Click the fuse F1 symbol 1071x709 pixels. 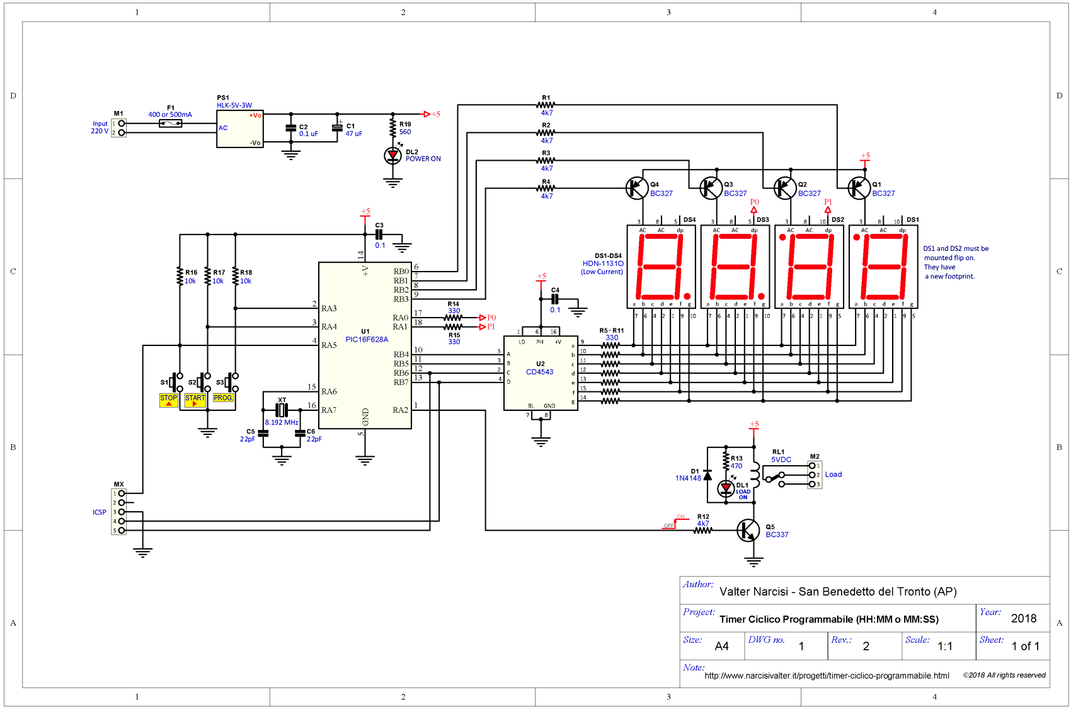click(170, 124)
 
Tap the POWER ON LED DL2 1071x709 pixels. click(392, 155)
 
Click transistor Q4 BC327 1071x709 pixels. click(637, 188)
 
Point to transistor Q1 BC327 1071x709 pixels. click(859, 188)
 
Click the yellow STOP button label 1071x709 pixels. click(168, 399)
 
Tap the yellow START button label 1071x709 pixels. click(195, 399)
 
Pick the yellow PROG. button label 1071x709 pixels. click(223, 398)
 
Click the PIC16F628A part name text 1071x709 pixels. click(367, 340)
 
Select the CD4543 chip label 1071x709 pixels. click(540, 372)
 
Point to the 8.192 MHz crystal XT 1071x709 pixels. click(282, 410)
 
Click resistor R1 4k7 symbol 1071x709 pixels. click(546, 105)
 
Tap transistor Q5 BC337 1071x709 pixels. click(748, 530)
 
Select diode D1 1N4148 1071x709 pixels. click(707, 475)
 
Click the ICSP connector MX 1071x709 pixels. click(119, 512)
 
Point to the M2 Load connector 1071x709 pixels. click(814, 475)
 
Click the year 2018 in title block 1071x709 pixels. click(1023, 619)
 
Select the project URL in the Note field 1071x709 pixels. click(827, 676)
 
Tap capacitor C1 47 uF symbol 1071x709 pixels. click(338, 127)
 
